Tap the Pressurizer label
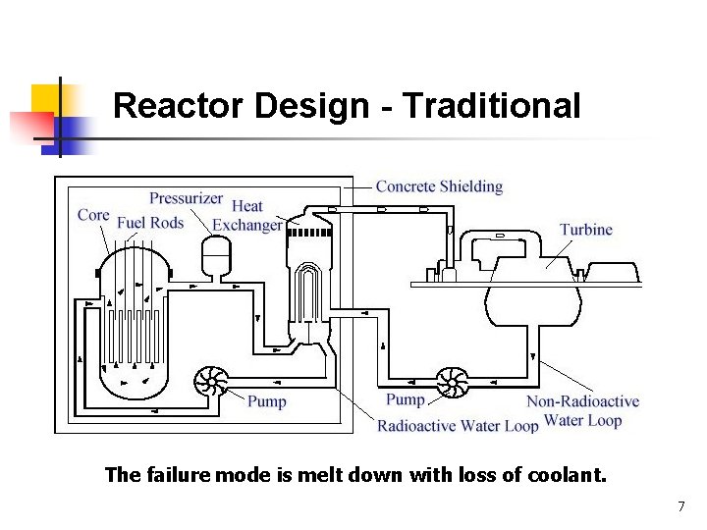[186, 198]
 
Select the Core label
[93, 215]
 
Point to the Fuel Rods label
[150, 223]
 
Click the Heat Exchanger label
[247, 215]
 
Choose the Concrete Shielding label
[439, 186]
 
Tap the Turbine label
[586, 230]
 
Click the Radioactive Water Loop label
[458, 426]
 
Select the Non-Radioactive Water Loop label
[582, 411]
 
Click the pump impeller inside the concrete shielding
[210, 382]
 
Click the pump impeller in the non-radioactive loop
[452, 382]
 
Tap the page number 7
[680, 507]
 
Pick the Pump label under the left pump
[267, 401]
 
